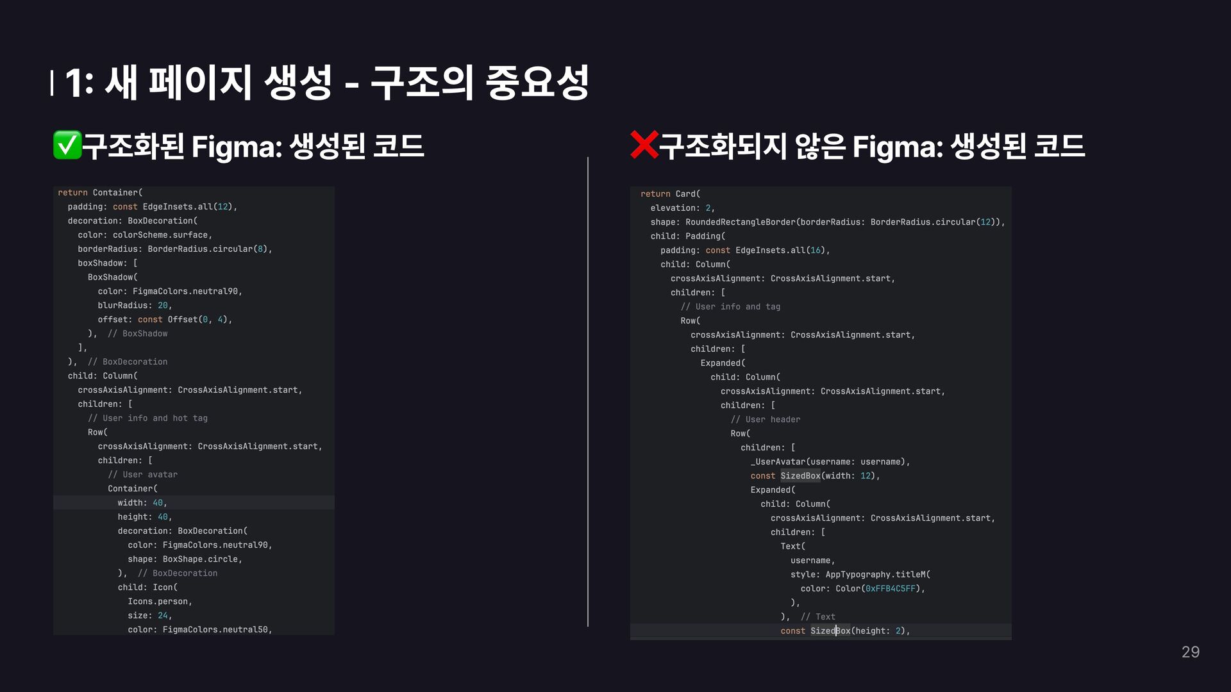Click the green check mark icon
[x=67, y=145]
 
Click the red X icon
[x=644, y=145]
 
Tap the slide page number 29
[x=1190, y=652]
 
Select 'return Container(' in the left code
[x=101, y=192]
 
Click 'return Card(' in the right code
[x=671, y=194]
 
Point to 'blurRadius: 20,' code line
[x=135, y=305]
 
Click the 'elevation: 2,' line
[x=682, y=208]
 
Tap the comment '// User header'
[x=766, y=419]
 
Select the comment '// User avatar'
[x=142, y=474]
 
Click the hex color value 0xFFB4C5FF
[x=890, y=588]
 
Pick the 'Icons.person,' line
[x=160, y=601]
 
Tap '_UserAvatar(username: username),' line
[x=830, y=461]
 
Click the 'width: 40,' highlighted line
[x=142, y=502]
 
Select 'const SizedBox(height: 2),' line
[x=845, y=630]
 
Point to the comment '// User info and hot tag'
[x=147, y=418]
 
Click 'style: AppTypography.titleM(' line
[x=860, y=574]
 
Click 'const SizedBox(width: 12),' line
[x=815, y=475]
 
